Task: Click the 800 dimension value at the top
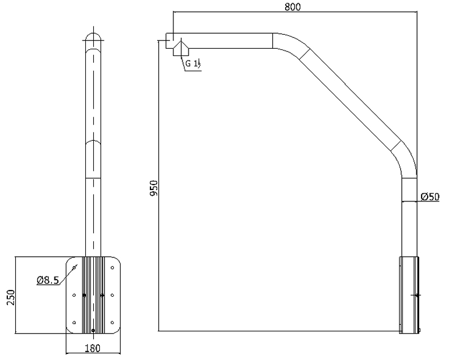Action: click(x=292, y=7)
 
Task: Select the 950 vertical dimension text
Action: click(x=154, y=188)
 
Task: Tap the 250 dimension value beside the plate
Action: click(x=11, y=297)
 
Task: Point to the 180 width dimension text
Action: click(x=93, y=348)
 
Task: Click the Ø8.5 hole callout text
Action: click(x=48, y=280)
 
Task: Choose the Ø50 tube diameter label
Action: click(x=430, y=197)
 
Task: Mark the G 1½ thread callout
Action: click(x=193, y=63)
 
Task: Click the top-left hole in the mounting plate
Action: click(x=74, y=267)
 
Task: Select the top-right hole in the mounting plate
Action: click(x=112, y=267)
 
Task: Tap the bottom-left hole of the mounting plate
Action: click(x=74, y=322)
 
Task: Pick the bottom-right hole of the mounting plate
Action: click(x=112, y=322)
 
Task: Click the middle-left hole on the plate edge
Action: click(x=74, y=295)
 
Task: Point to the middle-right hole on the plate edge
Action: click(x=112, y=295)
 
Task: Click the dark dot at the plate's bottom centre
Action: click(x=93, y=330)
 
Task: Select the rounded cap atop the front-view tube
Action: click(x=93, y=37)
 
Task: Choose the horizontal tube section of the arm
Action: click(x=223, y=40)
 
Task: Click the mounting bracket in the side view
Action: click(x=409, y=295)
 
